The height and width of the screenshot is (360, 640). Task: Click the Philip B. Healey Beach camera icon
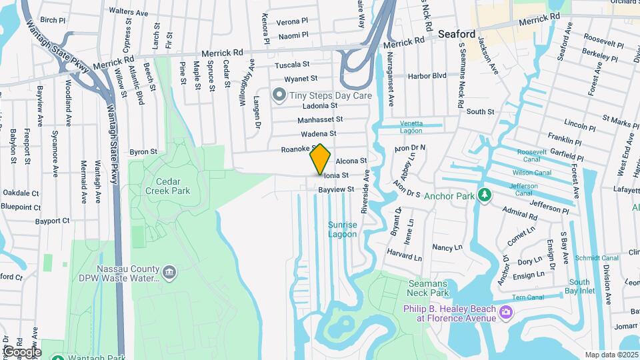506,312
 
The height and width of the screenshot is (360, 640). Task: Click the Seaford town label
457,34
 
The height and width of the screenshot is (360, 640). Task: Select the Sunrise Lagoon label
343,229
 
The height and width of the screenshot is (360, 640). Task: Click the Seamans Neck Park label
428,288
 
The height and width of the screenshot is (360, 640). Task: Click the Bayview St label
335,190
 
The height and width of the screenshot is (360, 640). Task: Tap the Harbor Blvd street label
430,75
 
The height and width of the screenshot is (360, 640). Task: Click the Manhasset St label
320,119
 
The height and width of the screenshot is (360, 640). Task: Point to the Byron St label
143,152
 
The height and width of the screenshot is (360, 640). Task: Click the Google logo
22,351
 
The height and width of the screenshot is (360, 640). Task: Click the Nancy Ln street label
447,247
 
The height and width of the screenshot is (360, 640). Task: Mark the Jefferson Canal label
525,189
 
